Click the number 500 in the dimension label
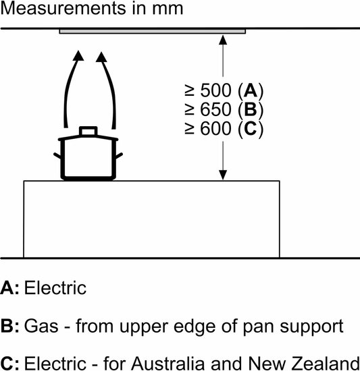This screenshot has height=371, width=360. coord(215,90)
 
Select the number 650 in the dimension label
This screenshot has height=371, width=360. coord(215,109)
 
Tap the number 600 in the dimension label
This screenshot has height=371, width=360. coord(215,128)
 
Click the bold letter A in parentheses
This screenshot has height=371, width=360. coord(251,90)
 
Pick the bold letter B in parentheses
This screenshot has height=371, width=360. coord(251,109)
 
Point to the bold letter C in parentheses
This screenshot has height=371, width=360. coord(251,128)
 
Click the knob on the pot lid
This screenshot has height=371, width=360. coord(88,131)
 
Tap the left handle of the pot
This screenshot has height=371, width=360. coord(57,156)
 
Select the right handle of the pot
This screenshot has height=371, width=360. coord(119,156)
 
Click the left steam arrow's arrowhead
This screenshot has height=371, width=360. coord(78,56)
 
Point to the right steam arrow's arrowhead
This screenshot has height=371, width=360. coord(101,57)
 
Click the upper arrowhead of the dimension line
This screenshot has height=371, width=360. coord(223,40)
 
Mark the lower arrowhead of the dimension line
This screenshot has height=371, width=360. coord(223,175)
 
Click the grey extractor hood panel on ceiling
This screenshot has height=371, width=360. coord(153,31)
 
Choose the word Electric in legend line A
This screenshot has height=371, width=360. coord(55,288)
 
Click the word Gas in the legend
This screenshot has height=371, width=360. coord(41,326)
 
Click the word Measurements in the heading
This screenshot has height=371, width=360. coord(63,8)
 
